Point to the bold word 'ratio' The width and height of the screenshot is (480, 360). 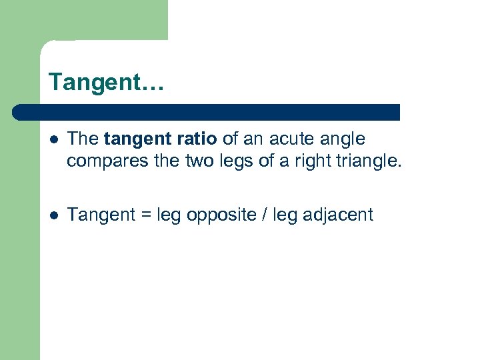pyautogui.click(x=193, y=139)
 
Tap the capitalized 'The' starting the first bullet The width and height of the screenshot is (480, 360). pyautogui.click(x=83, y=139)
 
